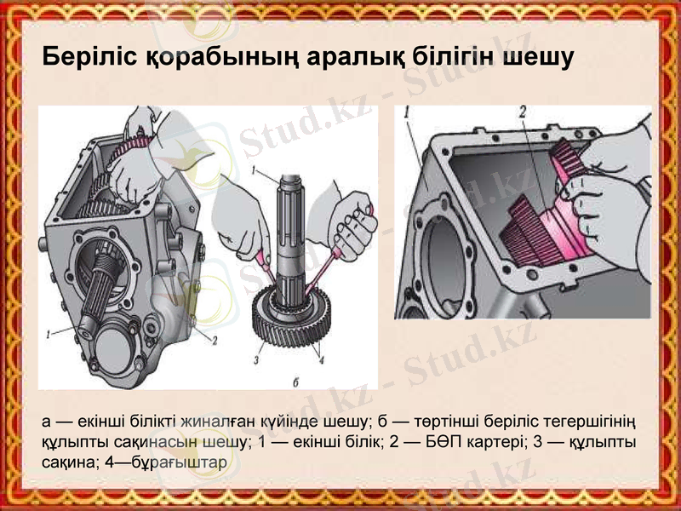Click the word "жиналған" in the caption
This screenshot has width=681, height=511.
227,422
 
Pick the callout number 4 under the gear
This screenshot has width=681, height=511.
321,359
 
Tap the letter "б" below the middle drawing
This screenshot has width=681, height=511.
295,379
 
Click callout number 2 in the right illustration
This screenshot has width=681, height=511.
522,111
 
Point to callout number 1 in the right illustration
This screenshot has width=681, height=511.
409,112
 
